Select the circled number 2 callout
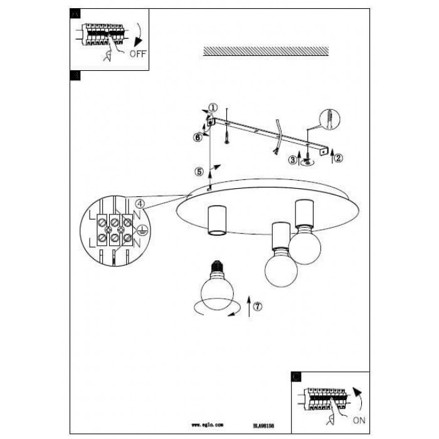(339, 157)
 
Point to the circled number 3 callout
(292, 159)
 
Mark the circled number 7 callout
(258, 306)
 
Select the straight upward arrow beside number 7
(249, 305)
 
